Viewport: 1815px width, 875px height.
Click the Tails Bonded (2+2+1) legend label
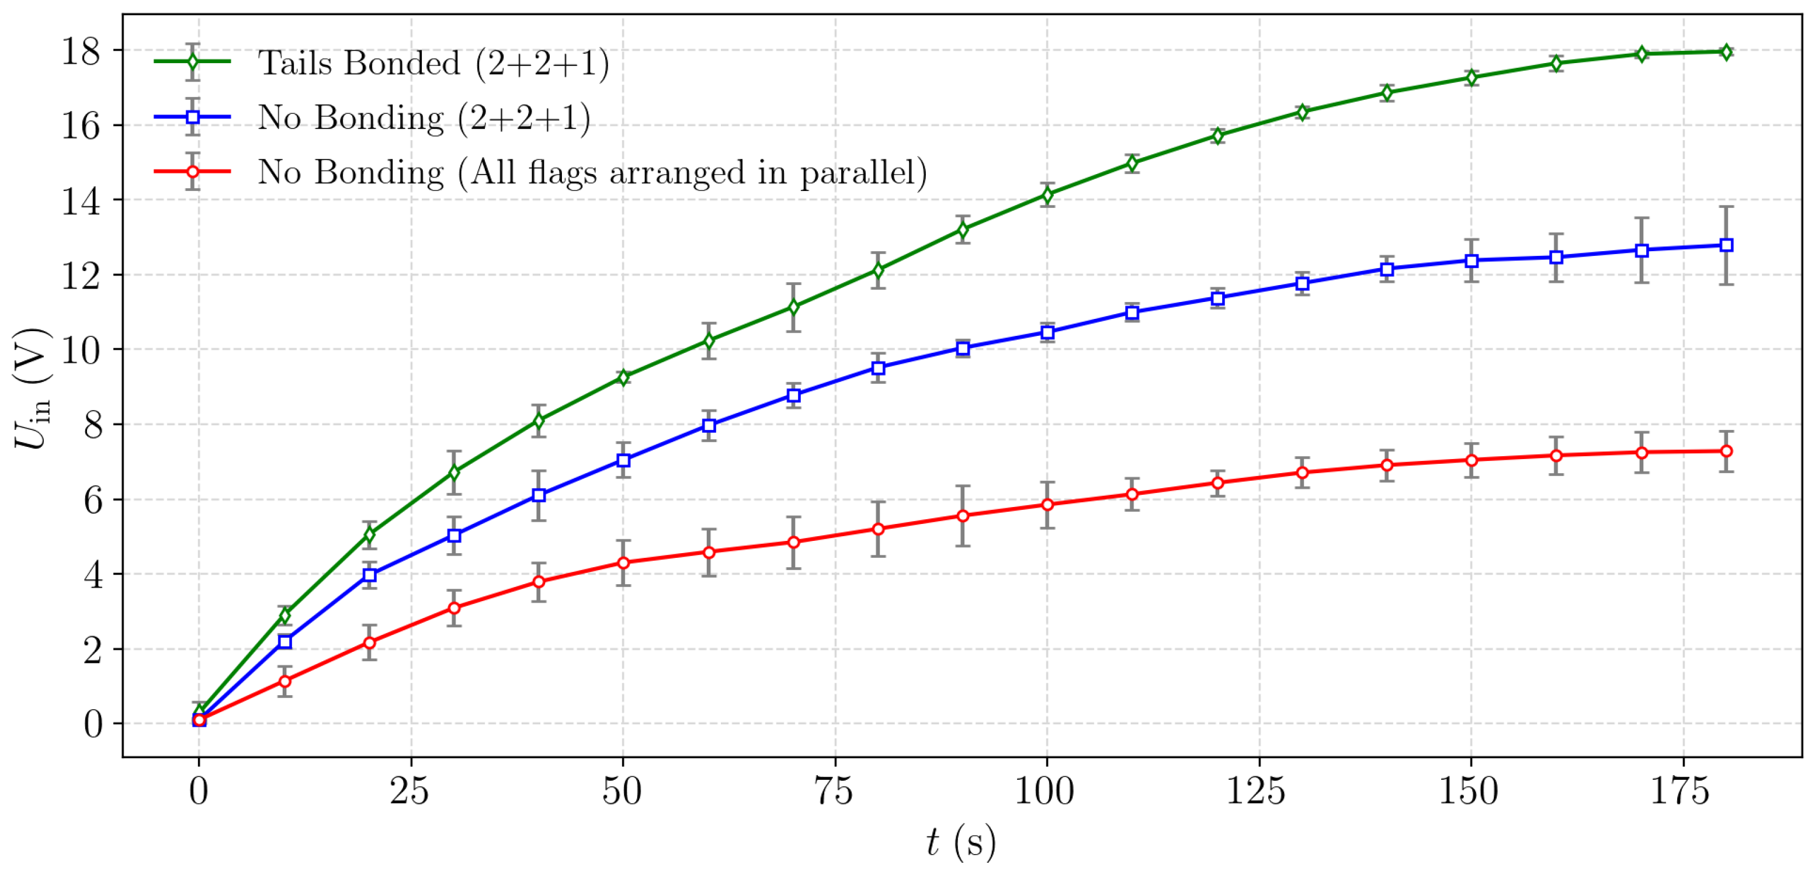click(x=433, y=64)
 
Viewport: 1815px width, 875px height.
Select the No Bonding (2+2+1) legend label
click(x=424, y=117)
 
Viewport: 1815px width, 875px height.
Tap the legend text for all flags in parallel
click(x=592, y=172)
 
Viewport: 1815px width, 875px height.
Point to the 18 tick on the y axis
click(x=81, y=51)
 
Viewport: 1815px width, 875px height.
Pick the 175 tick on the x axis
click(x=1681, y=791)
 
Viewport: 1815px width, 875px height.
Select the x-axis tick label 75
click(x=834, y=791)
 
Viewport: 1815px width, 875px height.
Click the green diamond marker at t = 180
click(x=1726, y=51)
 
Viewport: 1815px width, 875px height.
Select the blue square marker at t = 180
click(x=1726, y=245)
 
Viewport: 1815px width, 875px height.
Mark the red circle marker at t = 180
click(x=1726, y=451)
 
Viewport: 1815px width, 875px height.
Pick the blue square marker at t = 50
click(x=623, y=460)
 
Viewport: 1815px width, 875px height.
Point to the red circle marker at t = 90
click(x=963, y=516)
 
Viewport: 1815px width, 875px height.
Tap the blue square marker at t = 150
click(x=1471, y=261)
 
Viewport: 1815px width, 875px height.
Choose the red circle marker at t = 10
click(x=284, y=681)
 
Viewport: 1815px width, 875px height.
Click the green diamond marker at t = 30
click(x=454, y=472)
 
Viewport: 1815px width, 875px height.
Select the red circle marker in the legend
click(x=192, y=172)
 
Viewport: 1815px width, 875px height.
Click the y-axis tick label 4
click(x=92, y=575)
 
